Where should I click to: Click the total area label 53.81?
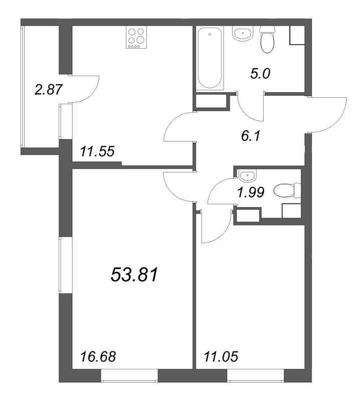coord(134,275)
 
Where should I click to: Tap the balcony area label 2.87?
coord(48,90)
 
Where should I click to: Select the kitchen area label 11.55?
coord(97,151)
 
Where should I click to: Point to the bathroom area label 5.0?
coord(260,74)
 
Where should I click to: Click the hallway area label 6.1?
coord(251,135)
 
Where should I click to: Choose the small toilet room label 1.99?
coord(251,192)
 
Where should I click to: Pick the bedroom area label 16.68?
coord(98,356)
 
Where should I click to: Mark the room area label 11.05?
coord(221,356)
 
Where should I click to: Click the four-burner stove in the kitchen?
coord(136,37)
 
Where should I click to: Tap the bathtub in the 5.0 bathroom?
coord(210,58)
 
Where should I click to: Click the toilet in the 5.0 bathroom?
coord(267,40)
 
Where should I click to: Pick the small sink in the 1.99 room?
coord(247,175)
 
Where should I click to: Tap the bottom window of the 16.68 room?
coord(129,375)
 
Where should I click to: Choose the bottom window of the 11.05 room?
coord(255,375)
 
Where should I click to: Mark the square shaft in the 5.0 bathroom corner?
coord(297,36)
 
